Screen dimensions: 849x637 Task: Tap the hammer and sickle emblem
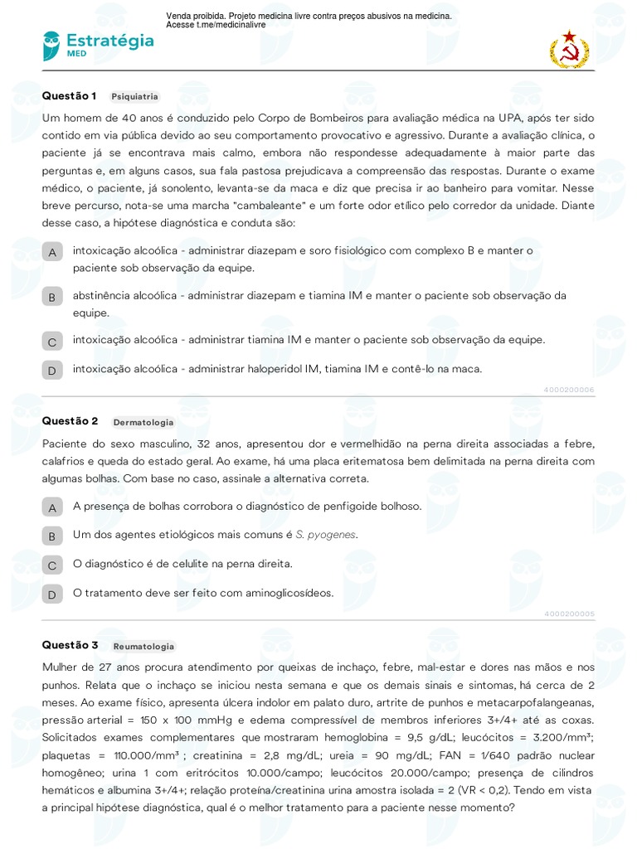(569, 49)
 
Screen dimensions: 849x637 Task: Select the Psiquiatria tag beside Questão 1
(134, 96)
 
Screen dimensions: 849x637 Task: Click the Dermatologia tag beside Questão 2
(143, 422)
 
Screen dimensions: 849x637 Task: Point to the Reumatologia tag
(143, 646)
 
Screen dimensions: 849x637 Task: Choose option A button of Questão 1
(52, 252)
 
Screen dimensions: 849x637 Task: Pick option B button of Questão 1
(52, 297)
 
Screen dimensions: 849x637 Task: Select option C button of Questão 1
(52, 342)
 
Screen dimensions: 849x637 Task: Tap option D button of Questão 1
(52, 371)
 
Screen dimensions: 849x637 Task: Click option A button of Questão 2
(52, 507)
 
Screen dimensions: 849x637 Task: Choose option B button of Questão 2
(52, 536)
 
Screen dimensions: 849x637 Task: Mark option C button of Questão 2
(52, 565)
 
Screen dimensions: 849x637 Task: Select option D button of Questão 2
(52, 594)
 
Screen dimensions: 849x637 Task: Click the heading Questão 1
(70, 95)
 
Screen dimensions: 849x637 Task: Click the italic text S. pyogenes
(332, 535)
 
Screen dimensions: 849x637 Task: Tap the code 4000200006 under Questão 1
(569, 389)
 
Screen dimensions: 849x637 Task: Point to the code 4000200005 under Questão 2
(569, 614)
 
